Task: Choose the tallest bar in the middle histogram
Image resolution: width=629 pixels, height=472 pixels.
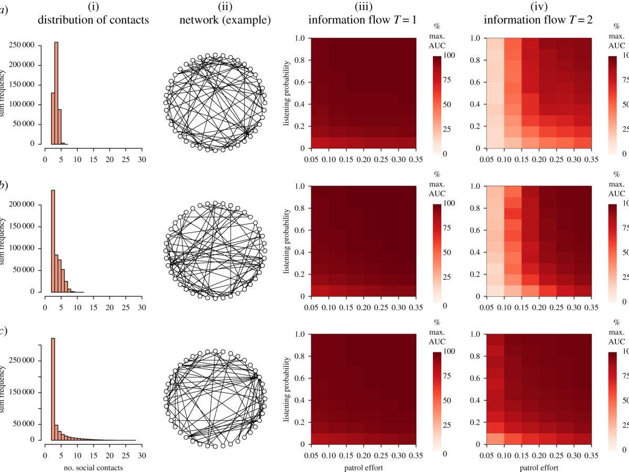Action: pyautogui.click(x=52, y=241)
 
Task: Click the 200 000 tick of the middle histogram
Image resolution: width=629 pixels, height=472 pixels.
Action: pyautogui.click(x=24, y=205)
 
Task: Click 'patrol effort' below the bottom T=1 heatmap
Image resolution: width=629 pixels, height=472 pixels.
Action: pyautogui.click(x=370, y=467)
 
